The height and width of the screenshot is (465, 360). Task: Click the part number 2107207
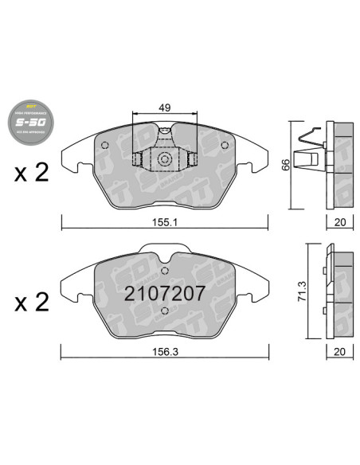coord(165,292)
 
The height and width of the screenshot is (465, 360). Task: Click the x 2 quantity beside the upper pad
coord(32,174)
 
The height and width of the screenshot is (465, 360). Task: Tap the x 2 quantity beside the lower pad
coord(32,302)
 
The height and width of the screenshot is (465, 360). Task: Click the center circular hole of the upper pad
coord(165,160)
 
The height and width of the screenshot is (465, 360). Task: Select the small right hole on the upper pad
coord(227,145)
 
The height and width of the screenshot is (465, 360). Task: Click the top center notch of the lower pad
coord(165,255)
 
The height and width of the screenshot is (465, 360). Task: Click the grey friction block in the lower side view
coord(342,287)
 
